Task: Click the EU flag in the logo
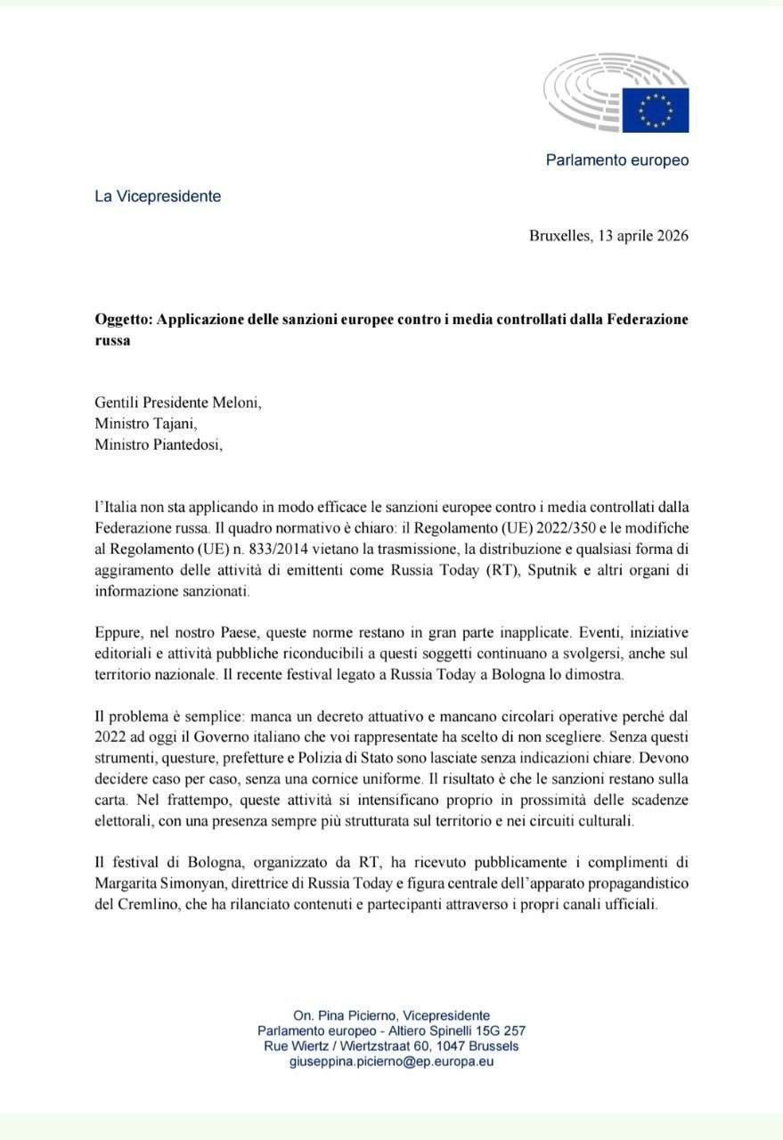pos(655,110)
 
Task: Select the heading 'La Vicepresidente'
pos(158,196)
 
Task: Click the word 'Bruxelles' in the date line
pos(559,236)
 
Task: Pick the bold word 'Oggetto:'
pos(123,318)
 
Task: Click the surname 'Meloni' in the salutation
pos(236,402)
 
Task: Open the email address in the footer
pos(391,1062)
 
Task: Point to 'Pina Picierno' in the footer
pos(362,1015)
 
